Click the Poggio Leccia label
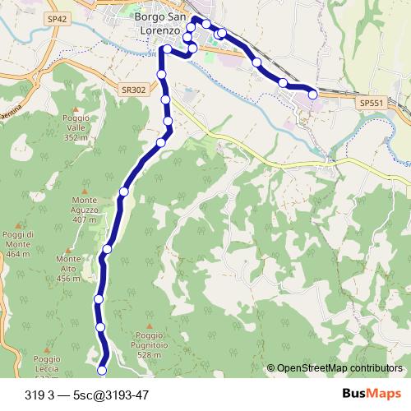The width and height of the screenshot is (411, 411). [x=48, y=363]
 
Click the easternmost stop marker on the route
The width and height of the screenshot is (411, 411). [x=312, y=95]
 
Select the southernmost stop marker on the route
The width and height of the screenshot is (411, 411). [x=103, y=369]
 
